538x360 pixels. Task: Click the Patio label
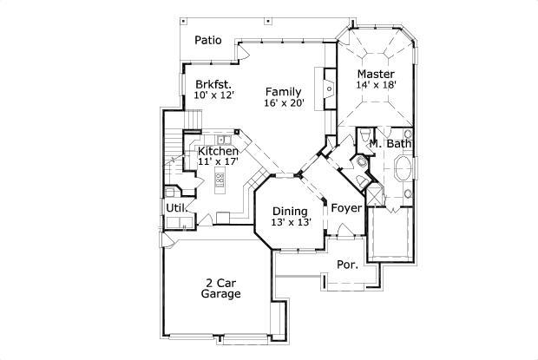[207, 40]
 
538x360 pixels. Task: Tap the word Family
[283, 91]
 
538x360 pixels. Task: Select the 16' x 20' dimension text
[283, 103]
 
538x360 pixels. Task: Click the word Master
[375, 74]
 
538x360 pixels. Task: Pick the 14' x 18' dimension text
[375, 85]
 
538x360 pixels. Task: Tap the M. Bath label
[390, 143]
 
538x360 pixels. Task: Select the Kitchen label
[218, 151]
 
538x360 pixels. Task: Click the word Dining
[290, 211]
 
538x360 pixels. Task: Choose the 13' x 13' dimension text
[290, 222]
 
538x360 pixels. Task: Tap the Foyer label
[345, 208]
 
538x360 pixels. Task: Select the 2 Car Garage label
[220, 288]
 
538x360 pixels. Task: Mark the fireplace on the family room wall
[329, 88]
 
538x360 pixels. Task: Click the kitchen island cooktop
[220, 180]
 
